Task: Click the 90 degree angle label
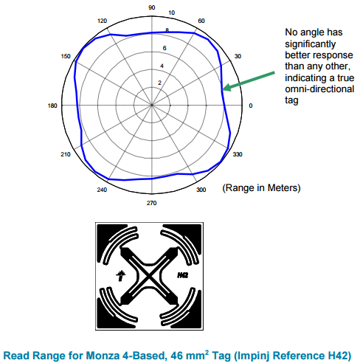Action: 152,7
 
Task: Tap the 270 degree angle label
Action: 151,203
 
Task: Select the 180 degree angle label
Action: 52,106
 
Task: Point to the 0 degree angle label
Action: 251,106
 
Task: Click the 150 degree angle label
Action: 66,56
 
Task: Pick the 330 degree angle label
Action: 238,154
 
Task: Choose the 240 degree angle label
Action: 102,190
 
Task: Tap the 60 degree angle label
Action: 201,21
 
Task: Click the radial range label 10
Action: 171,13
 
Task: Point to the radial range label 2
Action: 159,83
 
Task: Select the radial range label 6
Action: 165,48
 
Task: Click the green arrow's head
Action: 226,88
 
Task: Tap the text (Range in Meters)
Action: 261,188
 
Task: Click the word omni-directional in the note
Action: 319,89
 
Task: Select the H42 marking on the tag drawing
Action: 183,275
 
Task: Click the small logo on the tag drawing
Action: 121,275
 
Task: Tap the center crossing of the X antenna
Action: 149,277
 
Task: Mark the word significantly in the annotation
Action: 311,44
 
